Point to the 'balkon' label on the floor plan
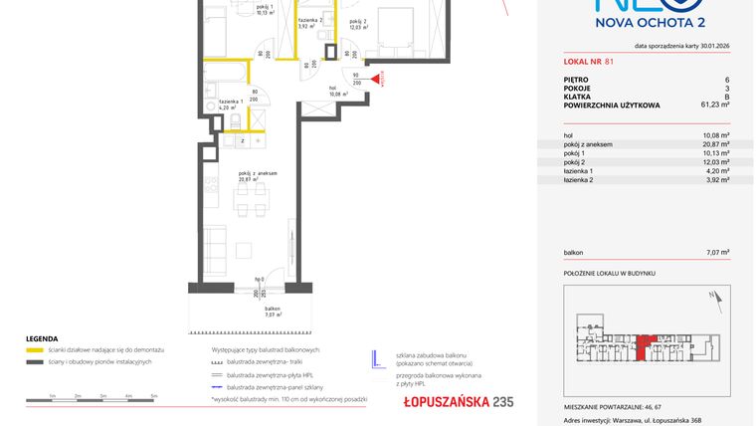[257, 310]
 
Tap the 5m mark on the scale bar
[154, 396]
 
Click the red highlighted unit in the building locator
[647, 343]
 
